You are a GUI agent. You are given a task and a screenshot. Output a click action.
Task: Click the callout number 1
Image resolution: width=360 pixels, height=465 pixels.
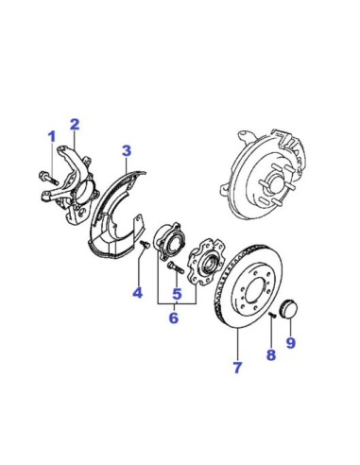pyautogui.click(x=52, y=137)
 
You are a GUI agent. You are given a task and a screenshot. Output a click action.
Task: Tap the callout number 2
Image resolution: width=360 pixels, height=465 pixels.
pyautogui.click(x=75, y=125)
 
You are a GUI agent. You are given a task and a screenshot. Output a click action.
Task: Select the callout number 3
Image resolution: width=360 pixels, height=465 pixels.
pyautogui.click(x=127, y=150)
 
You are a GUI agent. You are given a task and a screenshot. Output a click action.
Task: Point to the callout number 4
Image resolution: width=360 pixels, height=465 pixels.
pyautogui.click(x=137, y=293)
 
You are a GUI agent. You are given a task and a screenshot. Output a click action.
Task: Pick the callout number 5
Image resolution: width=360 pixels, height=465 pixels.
pyautogui.click(x=177, y=294)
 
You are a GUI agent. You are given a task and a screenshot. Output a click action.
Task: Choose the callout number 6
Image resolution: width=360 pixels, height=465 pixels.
pyautogui.click(x=174, y=318)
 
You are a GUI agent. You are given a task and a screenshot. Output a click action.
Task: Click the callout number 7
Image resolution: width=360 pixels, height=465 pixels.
pyautogui.click(x=237, y=368)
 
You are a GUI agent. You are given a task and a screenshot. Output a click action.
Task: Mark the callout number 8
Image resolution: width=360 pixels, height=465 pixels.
pyautogui.click(x=271, y=355)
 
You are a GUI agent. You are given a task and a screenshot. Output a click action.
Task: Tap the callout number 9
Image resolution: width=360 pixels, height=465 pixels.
pyautogui.click(x=290, y=342)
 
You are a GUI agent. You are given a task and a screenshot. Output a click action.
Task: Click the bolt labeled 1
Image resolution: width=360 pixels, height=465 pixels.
pyautogui.click(x=48, y=178)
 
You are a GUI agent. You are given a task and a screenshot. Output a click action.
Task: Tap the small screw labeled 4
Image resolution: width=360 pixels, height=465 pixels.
pyautogui.click(x=145, y=244)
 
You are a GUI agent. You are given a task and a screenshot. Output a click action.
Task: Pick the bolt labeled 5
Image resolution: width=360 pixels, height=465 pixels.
pyautogui.click(x=176, y=267)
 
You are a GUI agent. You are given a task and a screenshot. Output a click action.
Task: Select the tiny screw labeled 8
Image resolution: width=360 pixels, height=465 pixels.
pyautogui.click(x=272, y=315)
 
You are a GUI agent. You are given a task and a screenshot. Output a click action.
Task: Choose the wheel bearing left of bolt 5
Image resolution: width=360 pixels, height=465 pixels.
pyautogui.click(x=167, y=242)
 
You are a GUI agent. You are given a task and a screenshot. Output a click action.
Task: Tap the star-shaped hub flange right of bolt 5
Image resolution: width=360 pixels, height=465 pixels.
pyautogui.click(x=206, y=262)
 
